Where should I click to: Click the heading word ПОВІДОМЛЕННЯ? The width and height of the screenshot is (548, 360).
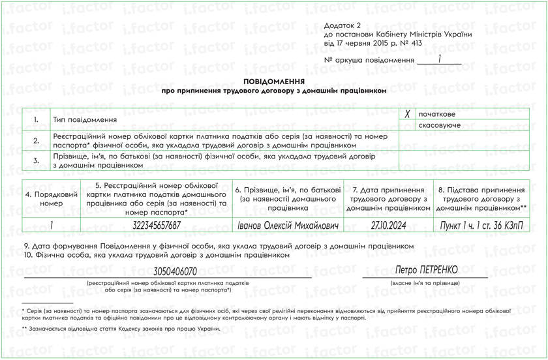[274, 82]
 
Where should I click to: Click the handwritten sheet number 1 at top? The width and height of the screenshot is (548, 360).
[440, 59]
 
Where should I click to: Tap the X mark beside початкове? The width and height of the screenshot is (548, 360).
[407, 113]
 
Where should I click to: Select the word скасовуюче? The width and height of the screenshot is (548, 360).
[439, 125]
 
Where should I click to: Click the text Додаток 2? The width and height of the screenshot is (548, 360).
[342, 25]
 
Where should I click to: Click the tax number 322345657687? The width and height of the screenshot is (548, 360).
[157, 225]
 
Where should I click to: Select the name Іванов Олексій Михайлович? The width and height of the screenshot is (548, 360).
[287, 225]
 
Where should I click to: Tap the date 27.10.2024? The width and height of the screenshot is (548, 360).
[388, 225]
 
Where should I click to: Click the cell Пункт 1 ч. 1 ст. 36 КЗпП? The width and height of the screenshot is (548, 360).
[481, 225]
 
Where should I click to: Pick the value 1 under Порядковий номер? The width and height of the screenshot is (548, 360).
[52, 225]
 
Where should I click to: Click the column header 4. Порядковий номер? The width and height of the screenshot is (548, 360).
[52, 199]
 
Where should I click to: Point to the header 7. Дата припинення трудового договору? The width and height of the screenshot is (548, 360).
[388, 198]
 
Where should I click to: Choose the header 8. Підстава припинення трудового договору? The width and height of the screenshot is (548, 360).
[481, 198]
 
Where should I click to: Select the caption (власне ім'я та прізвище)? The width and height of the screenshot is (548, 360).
[425, 284]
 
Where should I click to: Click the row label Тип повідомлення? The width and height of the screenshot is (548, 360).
[85, 120]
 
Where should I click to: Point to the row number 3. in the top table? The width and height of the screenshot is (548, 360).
[37, 160]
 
